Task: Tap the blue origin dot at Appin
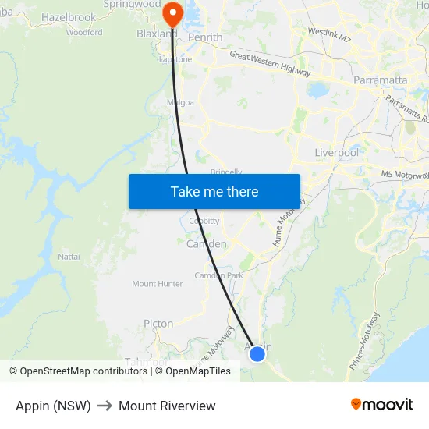point(257,354)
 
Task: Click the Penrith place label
point(206,37)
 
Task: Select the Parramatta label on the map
point(380,80)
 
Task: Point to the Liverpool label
point(336,153)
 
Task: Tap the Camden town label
point(206,244)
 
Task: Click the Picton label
point(158,324)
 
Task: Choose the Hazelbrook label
point(69,17)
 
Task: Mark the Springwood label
point(132,4)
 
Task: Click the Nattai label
point(69,256)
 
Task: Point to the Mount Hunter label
point(158,284)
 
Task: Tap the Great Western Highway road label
point(270,63)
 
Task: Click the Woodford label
point(84,33)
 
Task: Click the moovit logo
point(381,405)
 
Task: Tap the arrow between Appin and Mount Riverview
point(105,406)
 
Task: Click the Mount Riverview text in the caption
point(167,406)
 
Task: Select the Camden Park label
point(218,275)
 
